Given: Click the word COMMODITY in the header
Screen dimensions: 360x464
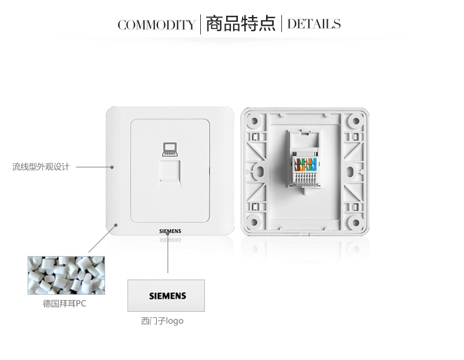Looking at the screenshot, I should point(156,25).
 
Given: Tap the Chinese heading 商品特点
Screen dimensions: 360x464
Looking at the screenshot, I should point(241,23).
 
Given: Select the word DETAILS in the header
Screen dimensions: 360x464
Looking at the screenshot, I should point(314,24).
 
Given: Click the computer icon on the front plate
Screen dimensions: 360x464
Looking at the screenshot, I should point(169,149).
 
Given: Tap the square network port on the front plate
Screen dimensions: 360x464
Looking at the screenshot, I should point(169,172).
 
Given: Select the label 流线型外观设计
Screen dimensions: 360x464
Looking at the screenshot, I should point(41,167).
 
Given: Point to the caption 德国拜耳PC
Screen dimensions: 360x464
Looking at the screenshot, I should point(65,304).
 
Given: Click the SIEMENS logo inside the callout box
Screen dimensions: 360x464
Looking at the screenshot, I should point(167,295).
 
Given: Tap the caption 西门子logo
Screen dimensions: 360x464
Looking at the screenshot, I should point(162,321).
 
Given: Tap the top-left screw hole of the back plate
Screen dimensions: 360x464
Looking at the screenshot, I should point(254,121).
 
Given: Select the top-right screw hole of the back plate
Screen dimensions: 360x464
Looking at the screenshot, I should point(355,121).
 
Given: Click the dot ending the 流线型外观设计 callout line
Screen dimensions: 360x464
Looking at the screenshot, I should point(112,167).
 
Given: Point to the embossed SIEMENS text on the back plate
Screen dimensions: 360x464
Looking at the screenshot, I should point(304,226).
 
